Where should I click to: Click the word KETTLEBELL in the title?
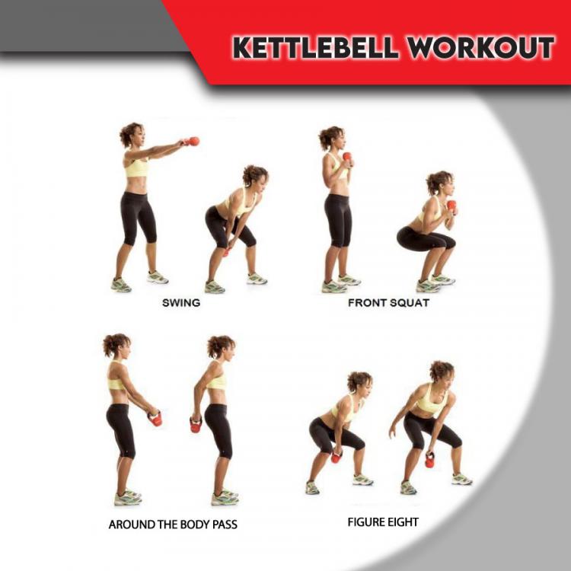pyautogui.click(x=314, y=47)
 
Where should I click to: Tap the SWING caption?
pyautogui.click(x=181, y=302)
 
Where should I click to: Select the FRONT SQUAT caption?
pyautogui.click(x=388, y=302)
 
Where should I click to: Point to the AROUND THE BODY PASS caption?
pyautogui.click(x=173, y=525)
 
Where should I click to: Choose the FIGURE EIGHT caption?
pyautogui.click(x=383, y=522)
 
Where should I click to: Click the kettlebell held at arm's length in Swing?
pyautogui.click(x=193, y=141)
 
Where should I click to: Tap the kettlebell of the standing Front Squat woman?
pyautogui.click(x=347, y=158)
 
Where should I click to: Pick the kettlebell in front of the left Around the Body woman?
pyautogui.click(x=156, y=418)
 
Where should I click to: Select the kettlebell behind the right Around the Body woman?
pyautogui.click(x=196, y=424)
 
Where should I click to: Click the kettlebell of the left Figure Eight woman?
pyautogui.click(x=336, y=457)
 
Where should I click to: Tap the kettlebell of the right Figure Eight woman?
pyautogui.click(x=430, y=460)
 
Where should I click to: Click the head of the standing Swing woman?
pyautogui.click(x=132, y=136)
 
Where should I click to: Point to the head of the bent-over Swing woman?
pyautogui.click(x=256, y=178)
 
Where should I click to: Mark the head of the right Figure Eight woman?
pyautogui.click(x=442, y=372)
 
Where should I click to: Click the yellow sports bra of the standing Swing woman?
pyautogui.click(x=136, y=167)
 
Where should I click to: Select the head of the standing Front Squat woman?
pyautogui.click(x=333, y=139)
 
